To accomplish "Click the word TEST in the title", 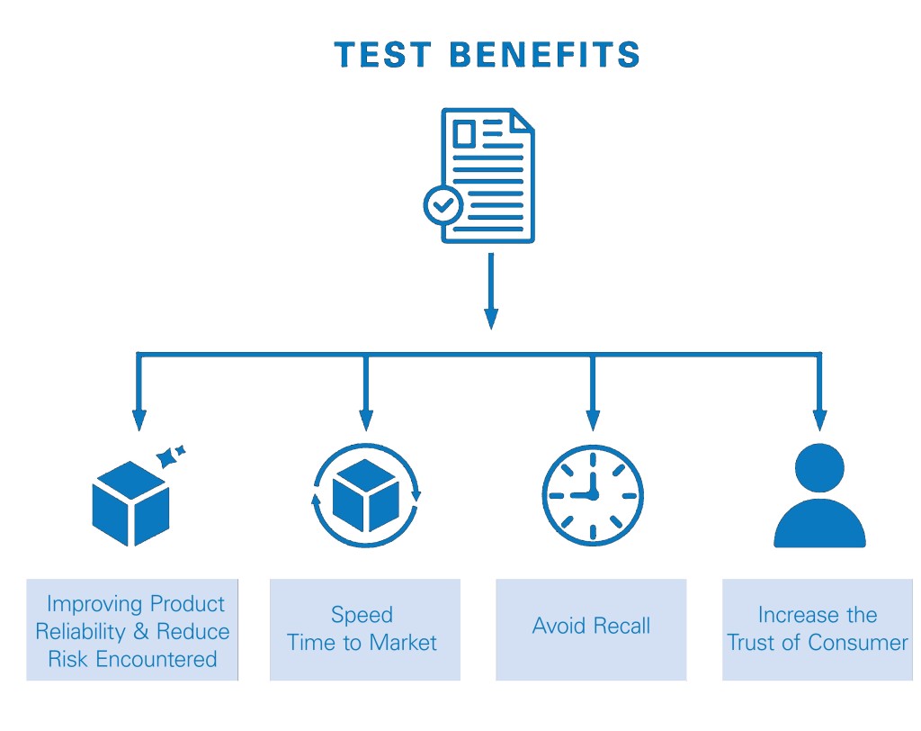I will (x=382, y=56).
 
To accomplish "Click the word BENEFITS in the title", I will (x=544, y=56).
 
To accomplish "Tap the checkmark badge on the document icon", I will (x=443, y=205).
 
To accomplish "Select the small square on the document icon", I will (x=464, y=135).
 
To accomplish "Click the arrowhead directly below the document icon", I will (x=490, y=319).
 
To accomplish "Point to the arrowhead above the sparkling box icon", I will (x=139, y=420).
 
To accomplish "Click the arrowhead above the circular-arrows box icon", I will (x=365, y=420).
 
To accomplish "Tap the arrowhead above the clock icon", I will (x=592, y=420).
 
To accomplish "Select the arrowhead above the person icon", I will (x=819, y=420).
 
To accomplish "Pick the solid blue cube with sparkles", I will (x=130, y=503).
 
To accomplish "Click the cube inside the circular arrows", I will (x=365, y=496).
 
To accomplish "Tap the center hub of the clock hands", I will (x=591, y=495).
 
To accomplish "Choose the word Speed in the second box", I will (x=362, y=616).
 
